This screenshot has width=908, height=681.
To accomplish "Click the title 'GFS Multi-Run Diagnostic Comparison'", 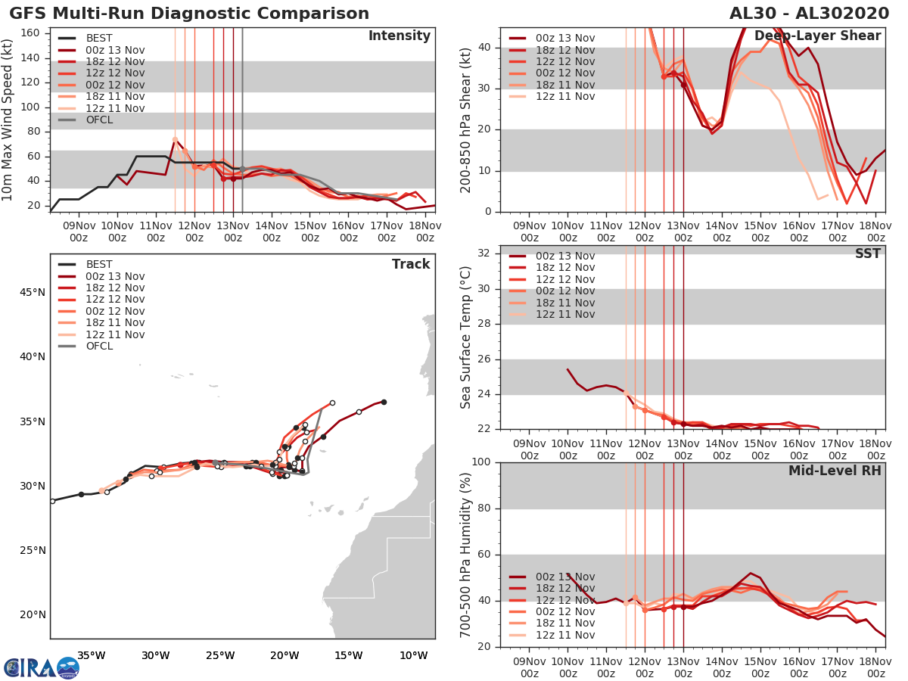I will [x=189, y=14].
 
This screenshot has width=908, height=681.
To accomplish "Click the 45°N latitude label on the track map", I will [x=33, y=292].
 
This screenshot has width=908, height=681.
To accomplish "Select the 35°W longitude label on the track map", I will [x=91, y=655].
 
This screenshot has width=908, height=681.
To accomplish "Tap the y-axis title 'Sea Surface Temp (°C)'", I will [x=467, y=337].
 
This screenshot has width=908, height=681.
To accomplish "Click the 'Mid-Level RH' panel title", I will [x=835, y=471].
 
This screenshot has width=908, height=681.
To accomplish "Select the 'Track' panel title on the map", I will [x=411, y=264].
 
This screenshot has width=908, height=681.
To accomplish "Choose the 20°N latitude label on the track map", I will [x=33, y=615].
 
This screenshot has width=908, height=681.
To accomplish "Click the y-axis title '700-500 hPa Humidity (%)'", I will [x=467, y=555].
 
